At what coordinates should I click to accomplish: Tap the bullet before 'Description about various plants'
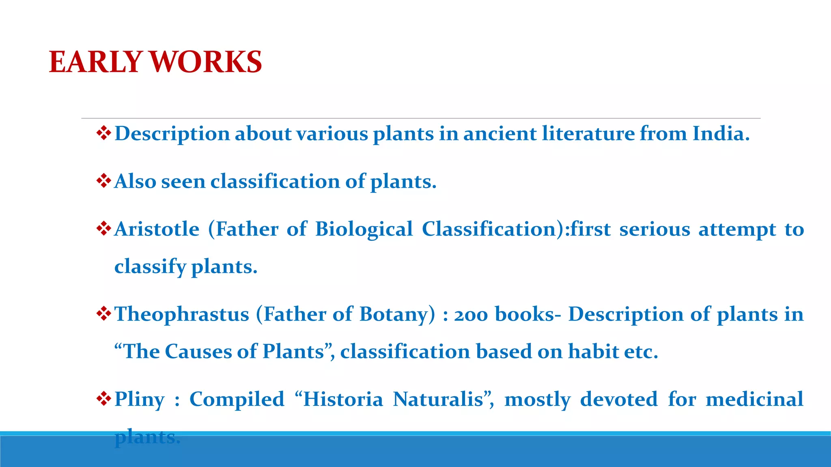pos(104,133)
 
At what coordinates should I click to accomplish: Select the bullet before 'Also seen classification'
pos(104,180)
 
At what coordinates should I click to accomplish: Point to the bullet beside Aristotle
pos(104,229)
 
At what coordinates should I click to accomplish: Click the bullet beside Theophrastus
pos(104,313)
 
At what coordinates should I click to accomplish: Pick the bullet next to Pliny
pos(104,398)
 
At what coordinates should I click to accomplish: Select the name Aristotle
pos(157,229)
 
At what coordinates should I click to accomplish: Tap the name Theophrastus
pos(182,314)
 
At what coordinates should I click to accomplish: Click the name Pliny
pos(140,400)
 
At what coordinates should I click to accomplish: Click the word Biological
pos(364,230)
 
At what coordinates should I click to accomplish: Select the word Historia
pos(343,399)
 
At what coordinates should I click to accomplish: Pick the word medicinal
pos(754,399)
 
